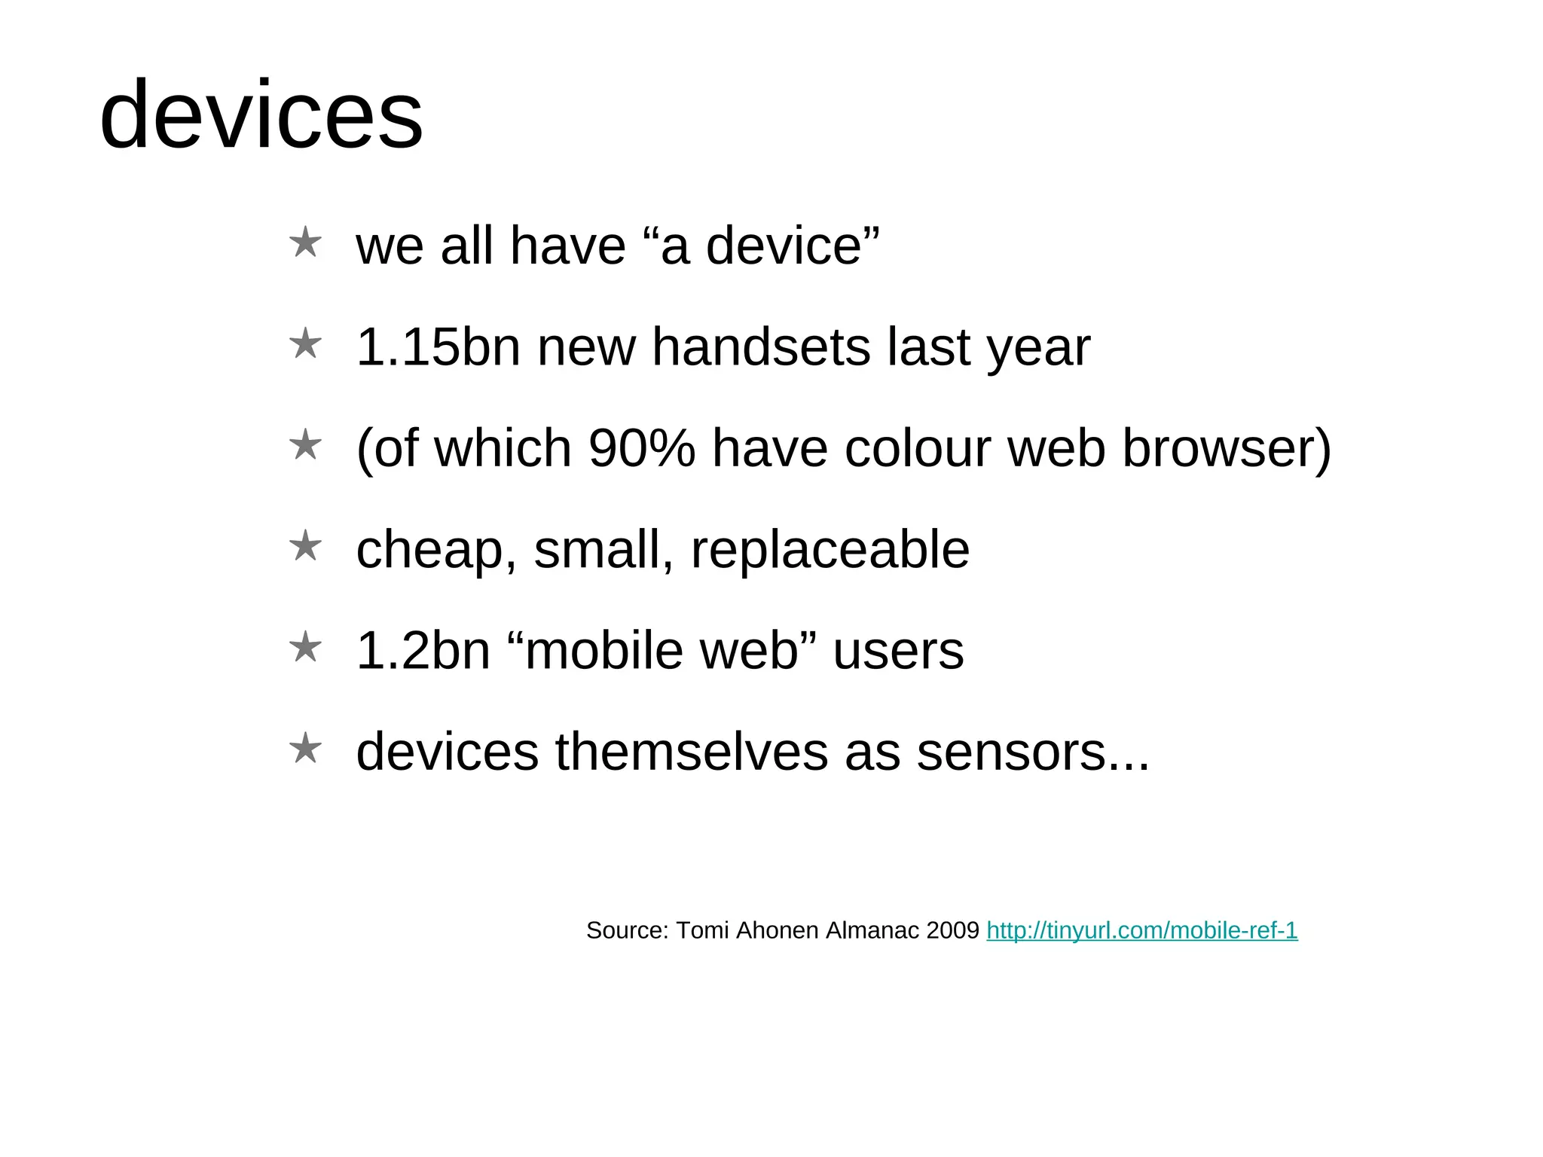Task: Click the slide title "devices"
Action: pos(261,115)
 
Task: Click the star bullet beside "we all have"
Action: pos(305,243)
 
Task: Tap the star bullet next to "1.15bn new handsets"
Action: pos(305,344)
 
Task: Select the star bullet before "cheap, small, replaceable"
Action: pos(305,546)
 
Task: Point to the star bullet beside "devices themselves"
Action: pos(305,749)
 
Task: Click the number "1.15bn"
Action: pos(438,347)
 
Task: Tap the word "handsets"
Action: pos(760,347)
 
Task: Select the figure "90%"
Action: pos(641,448)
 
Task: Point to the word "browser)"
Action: pos(1227,448)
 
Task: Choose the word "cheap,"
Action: pos(436,550)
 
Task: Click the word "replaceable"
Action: pos(830,549)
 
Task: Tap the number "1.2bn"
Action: pos(423,651)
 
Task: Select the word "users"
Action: pos(897,651)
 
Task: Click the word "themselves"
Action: pos(691,752)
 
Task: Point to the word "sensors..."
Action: pos(1033,752)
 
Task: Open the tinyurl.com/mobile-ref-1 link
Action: pos(1141,931)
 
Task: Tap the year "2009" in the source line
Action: pos(952,931)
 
